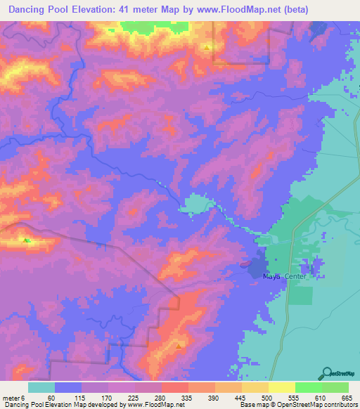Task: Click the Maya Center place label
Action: coord(281,276)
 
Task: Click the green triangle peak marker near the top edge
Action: coord(207,47)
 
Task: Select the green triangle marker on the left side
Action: coord(27,240)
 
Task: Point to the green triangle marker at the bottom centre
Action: coord(179,345)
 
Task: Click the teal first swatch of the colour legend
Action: coord(41,387)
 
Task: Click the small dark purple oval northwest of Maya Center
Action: coord(245,265)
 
